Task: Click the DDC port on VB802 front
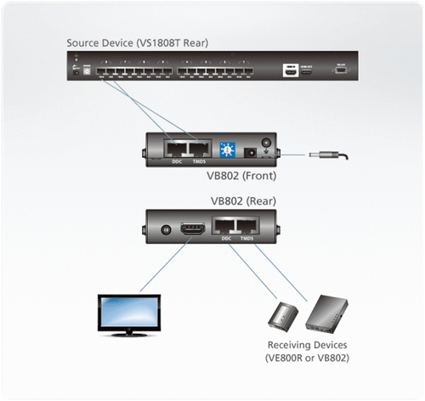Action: click(178, 147)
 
